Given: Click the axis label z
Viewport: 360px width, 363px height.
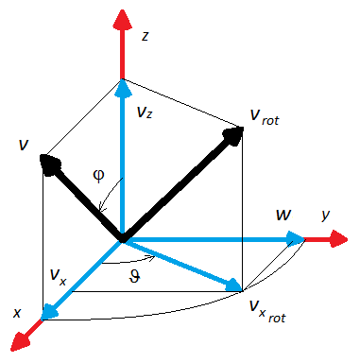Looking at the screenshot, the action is point(145,37).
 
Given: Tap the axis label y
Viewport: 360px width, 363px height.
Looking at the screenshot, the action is point(326,216).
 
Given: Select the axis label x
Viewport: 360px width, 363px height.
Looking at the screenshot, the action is point(17,313).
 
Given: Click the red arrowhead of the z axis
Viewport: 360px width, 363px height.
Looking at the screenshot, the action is point(122,20).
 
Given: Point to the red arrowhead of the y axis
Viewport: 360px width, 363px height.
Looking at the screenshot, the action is point(337,239).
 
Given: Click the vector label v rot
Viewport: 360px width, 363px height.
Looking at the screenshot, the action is point(265,117).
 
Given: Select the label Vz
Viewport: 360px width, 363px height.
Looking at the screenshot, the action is point(145,112).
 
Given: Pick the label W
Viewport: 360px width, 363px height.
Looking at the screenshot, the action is point(283,215).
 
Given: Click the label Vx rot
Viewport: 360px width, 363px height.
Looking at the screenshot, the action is point(267,311).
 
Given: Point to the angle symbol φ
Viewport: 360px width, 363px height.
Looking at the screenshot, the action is point(98,176).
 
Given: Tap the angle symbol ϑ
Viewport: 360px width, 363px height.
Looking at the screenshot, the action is point(134,277).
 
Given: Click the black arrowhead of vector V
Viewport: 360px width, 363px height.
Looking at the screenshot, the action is point(49,164).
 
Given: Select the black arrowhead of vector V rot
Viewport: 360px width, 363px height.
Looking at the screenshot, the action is point(233,136).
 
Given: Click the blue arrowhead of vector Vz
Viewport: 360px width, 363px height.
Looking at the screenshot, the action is point(123,88).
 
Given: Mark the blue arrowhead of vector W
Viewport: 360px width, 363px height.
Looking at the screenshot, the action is point(296,238).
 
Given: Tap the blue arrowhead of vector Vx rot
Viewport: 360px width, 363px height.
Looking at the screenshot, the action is point(233,285).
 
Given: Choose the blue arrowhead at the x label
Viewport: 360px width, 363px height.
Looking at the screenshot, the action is point(49,312).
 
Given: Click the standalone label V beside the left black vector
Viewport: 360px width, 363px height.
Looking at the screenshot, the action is point(24,145).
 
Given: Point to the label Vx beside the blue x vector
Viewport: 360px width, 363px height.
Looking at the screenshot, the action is point(59,277).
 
